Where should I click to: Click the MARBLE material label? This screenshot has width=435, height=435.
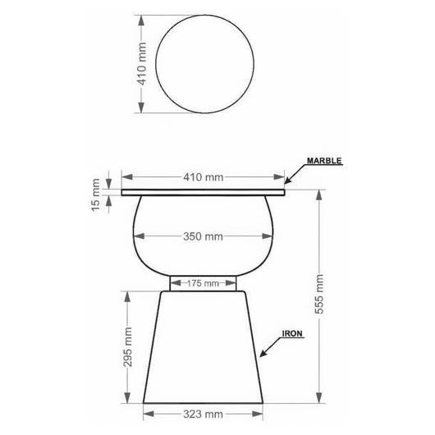coord(324,161)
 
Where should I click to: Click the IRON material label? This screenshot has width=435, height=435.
coord(292,333)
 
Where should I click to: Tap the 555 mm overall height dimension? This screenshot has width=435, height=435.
coord(319,294)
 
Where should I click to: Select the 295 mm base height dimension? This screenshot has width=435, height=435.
coord(127,347)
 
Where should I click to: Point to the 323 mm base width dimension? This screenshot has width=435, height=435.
coord(203,414)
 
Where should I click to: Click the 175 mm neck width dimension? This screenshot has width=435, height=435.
coord(203,283)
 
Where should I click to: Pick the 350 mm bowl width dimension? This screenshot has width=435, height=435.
coord(203,236)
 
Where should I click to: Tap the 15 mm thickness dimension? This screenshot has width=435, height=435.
coord(95,195)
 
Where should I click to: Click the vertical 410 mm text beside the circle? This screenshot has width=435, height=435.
coord(142,63)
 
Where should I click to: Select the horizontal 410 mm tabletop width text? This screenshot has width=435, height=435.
coord(203,177)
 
